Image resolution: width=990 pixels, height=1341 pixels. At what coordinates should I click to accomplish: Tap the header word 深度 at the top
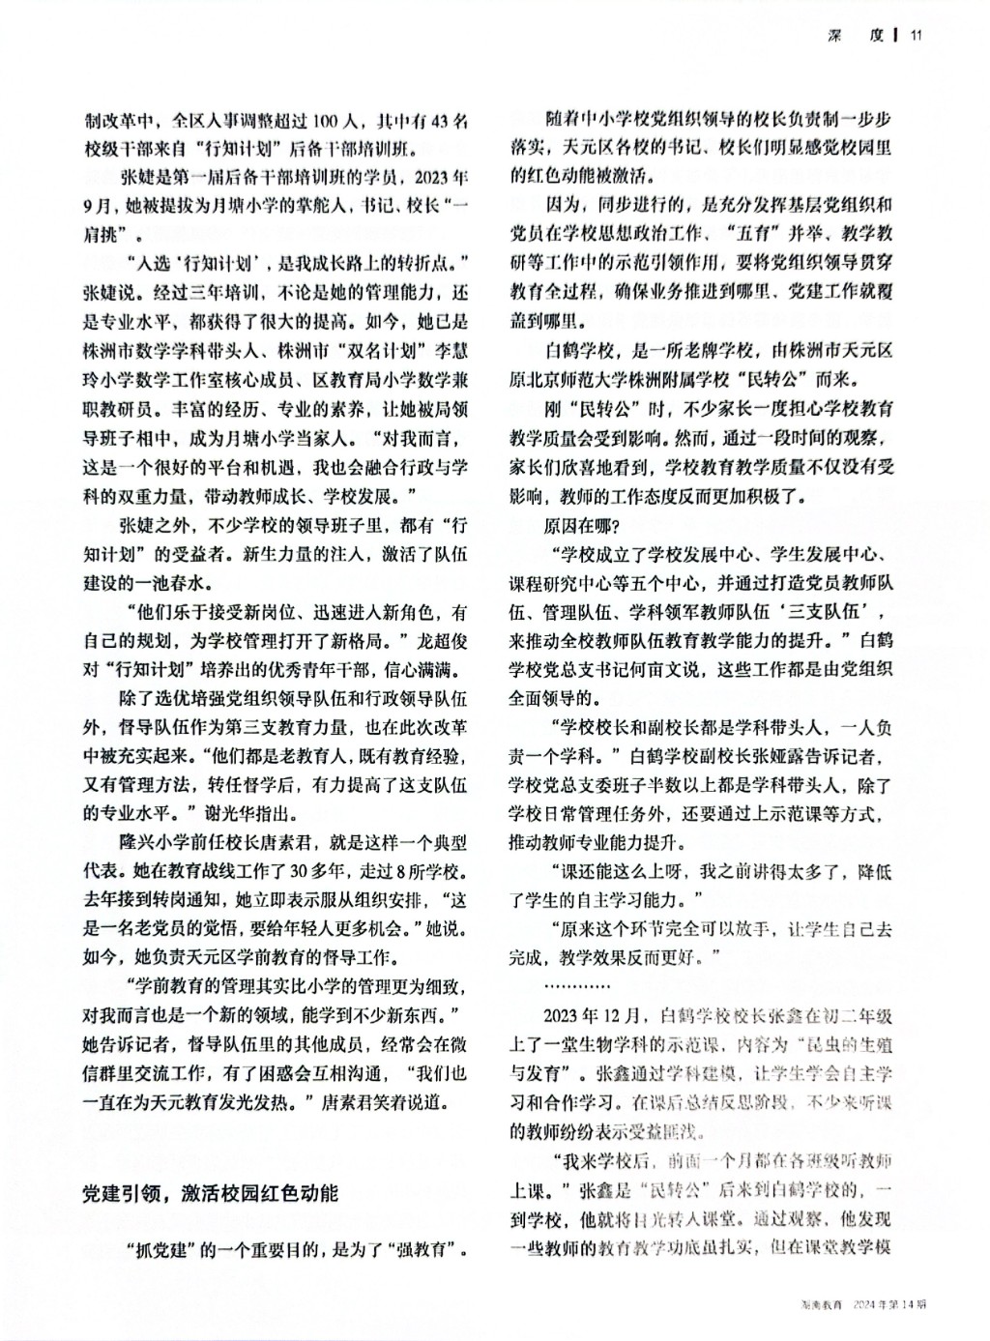[x=857, y=36]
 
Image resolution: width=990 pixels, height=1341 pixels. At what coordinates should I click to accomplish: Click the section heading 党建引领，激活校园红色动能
[x=209, y=1193]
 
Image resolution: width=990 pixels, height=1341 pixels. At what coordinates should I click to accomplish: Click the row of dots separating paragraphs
[x=576, y=987]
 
